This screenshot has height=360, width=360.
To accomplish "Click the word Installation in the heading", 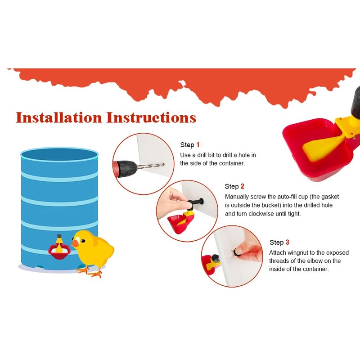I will (x=59, y=117).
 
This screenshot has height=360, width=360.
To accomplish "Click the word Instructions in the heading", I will (x=151, y=117).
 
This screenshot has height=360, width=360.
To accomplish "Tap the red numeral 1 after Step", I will (x=198, y=145).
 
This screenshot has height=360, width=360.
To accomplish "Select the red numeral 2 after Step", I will (x=243, y=186).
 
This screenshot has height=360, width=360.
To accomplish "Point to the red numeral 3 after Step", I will (x=287, y=243).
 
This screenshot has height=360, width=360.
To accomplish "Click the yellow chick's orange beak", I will (x=75, y=243).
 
